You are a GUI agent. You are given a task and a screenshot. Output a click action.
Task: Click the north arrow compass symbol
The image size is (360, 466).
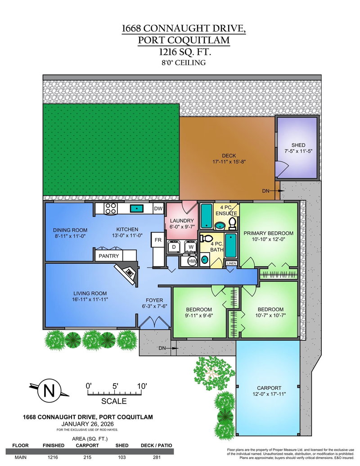(47, 390)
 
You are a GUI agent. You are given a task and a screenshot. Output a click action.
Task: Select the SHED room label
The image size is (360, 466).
(298, 145)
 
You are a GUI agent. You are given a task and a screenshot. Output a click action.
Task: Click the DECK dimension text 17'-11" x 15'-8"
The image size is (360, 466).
(229, 162)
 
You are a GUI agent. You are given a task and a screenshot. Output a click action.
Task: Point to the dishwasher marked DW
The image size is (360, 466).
(158, 208)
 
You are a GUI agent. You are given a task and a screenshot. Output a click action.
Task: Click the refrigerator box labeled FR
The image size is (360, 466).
(158, 240)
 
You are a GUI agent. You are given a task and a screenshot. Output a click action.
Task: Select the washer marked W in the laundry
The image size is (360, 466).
(191, 247)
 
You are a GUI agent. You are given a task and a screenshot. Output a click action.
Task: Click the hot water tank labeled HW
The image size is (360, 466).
(192, 261)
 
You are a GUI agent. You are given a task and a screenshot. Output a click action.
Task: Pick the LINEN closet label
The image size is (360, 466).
(231, 263)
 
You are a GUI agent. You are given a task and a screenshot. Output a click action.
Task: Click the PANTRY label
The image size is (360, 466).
(109, 256)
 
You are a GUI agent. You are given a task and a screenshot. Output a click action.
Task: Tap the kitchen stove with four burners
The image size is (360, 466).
(111, 208)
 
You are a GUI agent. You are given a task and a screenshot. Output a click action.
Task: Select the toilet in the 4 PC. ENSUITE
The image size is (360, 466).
(232, 222)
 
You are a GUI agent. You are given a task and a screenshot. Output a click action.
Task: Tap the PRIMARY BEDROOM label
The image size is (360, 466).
(268, 233)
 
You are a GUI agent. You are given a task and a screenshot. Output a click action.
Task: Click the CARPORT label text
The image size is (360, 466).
(269, 388)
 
